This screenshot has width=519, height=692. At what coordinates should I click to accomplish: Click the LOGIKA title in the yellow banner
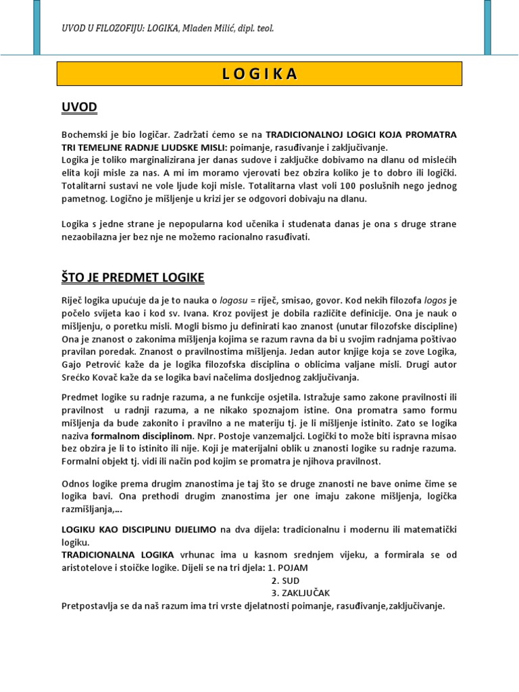pyautogui.click(x=259, y=74)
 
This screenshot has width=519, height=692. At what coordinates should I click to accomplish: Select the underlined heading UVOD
pyautogui.click(x=80, y=107)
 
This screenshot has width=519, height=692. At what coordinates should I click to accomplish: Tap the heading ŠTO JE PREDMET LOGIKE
pyautogui.click(x=133, y=278)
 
